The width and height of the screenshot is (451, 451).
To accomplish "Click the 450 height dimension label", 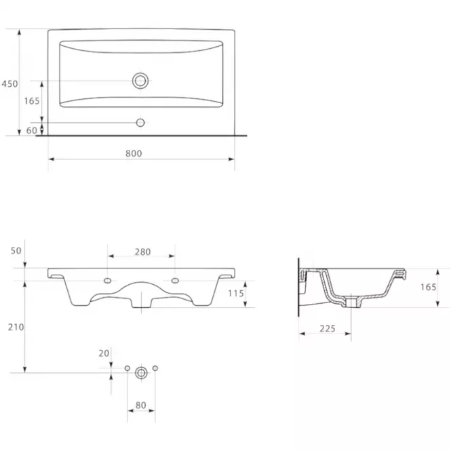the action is [x=9, y=83].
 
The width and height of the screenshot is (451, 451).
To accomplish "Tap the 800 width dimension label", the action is [x=134, y=153].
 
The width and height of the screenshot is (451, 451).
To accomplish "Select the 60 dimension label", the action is [x=32, y=131].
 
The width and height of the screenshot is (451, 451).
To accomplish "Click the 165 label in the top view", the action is [x=32, y=101].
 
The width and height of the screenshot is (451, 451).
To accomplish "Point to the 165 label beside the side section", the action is [x=429, y=287].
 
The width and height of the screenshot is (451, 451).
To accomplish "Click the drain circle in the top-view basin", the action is [x=140, y=81].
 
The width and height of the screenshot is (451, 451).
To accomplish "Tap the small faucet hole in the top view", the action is [x=140, y=123].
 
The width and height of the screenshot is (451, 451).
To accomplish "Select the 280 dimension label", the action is [x=142, y=252].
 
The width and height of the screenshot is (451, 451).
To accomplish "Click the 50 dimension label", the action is [x=16, y=251].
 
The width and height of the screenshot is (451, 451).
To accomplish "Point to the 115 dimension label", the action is [x=236, y=294].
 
